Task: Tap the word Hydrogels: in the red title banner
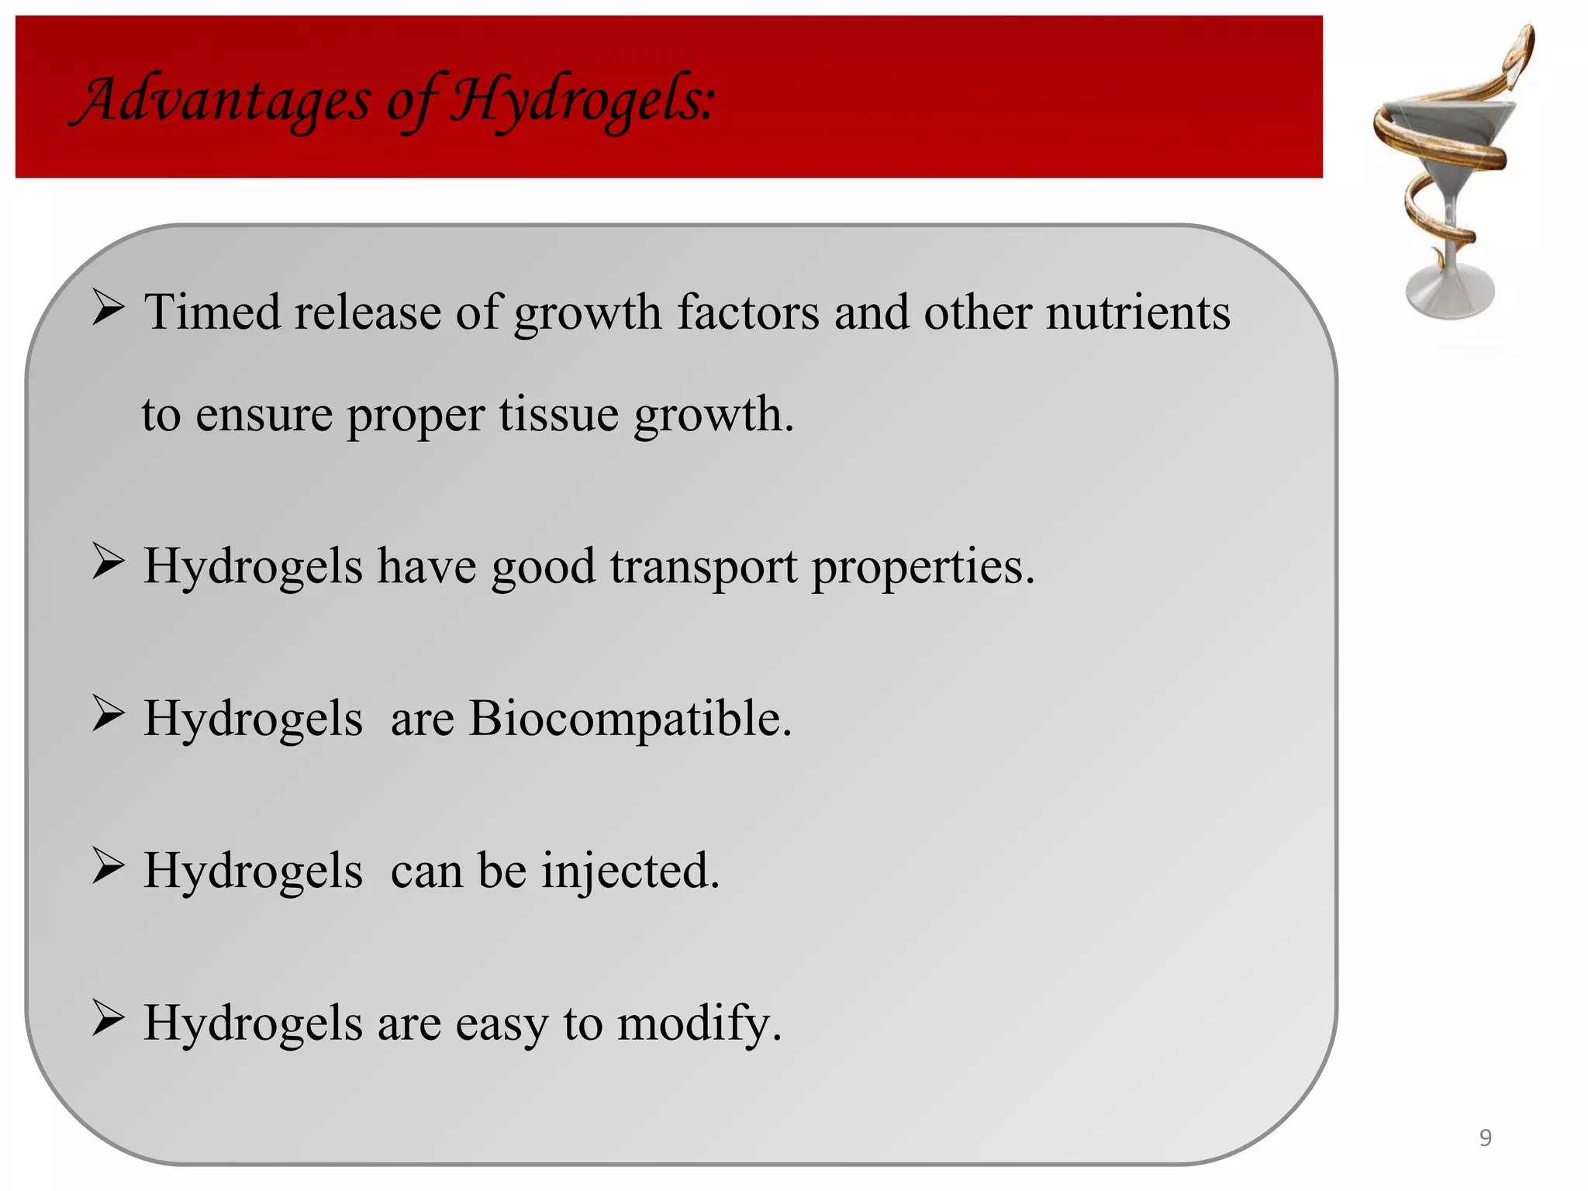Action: (x=582, y=101)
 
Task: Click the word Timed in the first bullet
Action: (x=212, y=312)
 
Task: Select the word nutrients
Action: (x=1137, y=312)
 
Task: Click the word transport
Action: (x=703, y=566)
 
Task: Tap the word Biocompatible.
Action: (x=630, y=718)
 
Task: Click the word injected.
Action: (x=630, y=871)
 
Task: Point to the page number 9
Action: (x=1485, y=1137)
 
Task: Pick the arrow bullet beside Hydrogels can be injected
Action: (x=108, y=865)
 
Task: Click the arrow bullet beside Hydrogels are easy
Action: (x=108, y=1017)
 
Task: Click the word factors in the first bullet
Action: (x=747, y=312)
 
